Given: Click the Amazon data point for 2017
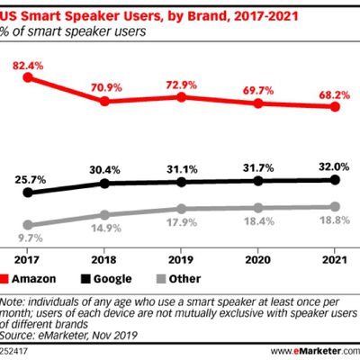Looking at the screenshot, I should click(28, 77).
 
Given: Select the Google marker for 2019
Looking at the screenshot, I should click(183, 182).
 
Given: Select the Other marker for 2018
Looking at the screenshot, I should click(105, 215).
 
